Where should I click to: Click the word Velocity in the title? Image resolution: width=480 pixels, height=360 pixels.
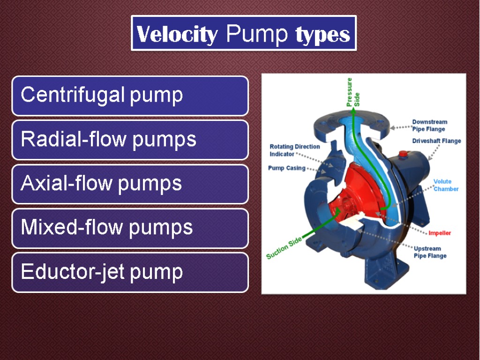pos(177,34)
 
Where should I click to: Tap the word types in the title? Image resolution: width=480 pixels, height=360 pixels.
pos(322,34)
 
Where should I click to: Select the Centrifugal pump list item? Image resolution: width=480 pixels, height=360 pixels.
pos(130,96)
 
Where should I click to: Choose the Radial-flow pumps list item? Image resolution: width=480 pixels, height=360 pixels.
pos(130,140)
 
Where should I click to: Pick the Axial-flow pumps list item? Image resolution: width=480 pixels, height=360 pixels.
pos(130,184)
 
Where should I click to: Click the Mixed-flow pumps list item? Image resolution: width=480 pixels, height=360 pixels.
pos(130,228)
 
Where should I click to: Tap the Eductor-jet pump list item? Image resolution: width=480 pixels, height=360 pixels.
pos(130,272)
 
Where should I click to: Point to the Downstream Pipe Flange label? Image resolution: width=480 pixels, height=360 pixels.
pos(429,126)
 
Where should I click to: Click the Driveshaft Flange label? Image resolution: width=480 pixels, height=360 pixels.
pos(436,141)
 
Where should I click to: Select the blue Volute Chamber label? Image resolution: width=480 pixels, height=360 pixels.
pos(446,185)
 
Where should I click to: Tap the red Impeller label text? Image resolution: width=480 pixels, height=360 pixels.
pos(440,233)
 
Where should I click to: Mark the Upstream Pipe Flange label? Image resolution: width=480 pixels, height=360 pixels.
pos(430,252)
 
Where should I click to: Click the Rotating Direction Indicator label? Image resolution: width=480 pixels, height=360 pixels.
pos(294,150)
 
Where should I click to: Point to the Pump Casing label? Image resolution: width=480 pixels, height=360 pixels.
pos(286,168)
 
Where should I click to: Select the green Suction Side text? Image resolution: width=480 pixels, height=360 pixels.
pos(284,248)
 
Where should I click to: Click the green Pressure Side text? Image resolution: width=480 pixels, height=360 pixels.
pos(353,92)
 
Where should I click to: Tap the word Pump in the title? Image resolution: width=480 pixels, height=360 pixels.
pos(256,33)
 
